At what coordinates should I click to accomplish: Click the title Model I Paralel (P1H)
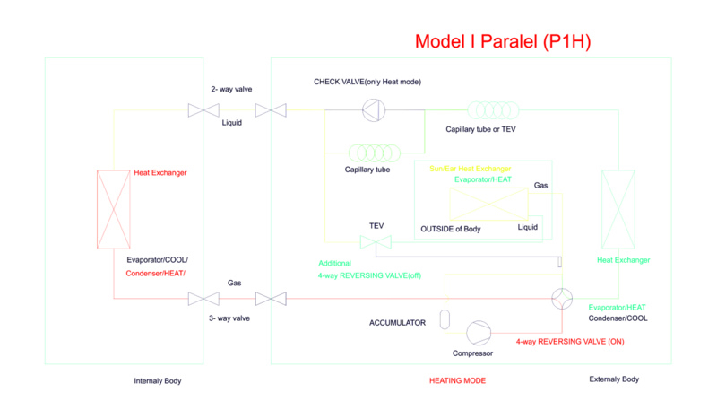coord(503,42)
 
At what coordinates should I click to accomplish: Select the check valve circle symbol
coord(372,110)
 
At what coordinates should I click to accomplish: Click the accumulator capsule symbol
coord(445,319)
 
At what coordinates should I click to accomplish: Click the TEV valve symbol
coord(371,243)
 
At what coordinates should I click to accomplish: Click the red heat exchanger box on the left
coord(113,209)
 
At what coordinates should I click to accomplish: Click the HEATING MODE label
coord(457,380)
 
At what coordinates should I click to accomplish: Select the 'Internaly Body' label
coord(158,380)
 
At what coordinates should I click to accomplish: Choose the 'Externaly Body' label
coord(614,379)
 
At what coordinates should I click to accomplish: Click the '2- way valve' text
coord(231,89)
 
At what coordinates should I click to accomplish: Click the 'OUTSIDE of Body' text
coord(451,229)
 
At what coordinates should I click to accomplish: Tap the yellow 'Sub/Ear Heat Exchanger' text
coord(470,169)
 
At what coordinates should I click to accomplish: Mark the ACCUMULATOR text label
coord(397,322)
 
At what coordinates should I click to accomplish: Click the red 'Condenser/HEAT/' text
coord(161,273)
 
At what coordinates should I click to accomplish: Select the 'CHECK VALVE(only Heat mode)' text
coord(367,82)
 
